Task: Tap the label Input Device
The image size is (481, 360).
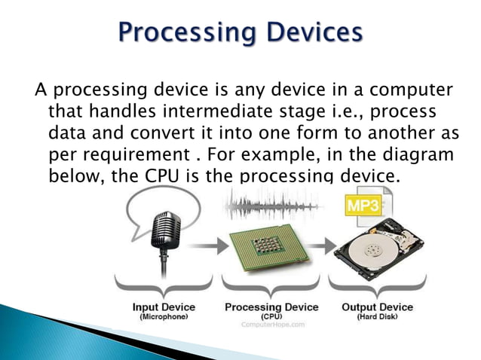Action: click(164, 307)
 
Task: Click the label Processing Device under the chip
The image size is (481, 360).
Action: click(271, 307)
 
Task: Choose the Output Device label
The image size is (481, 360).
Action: click(377, 307)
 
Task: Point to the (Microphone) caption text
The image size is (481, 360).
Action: click(164, 317)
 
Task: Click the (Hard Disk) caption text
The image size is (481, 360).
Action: click(377, 317)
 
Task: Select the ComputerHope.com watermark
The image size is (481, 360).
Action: click(273, 325)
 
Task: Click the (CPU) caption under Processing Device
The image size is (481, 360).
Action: click(271, 316)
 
